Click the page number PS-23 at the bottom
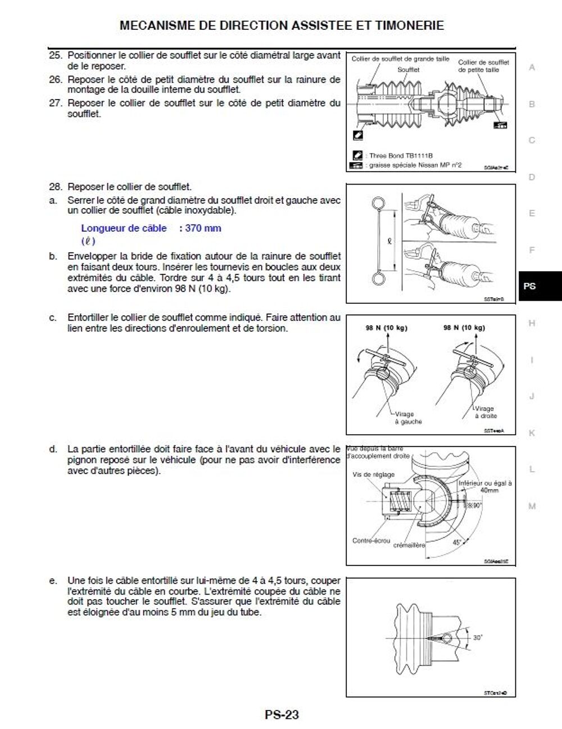click(282, 715)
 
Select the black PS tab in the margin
click(530, 286)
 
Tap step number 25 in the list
click(55, 56)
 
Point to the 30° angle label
click(478, 638)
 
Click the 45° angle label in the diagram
click(457, 543)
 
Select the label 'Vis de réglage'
click(373, 475)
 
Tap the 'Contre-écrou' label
click(371, 541)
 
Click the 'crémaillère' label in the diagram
click(409, 545)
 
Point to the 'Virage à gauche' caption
click(408, 418)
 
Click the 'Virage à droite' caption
click(484, 412)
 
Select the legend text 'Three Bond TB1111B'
click(401, 156)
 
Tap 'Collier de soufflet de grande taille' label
click(400, 59)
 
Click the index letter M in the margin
click(532, 506)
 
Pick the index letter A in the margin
click(532, 67)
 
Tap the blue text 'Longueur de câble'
click(124, 228)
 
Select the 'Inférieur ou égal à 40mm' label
click(484, 487)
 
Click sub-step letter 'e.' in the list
click(53, 580)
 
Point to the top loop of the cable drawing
click(378, 202)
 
